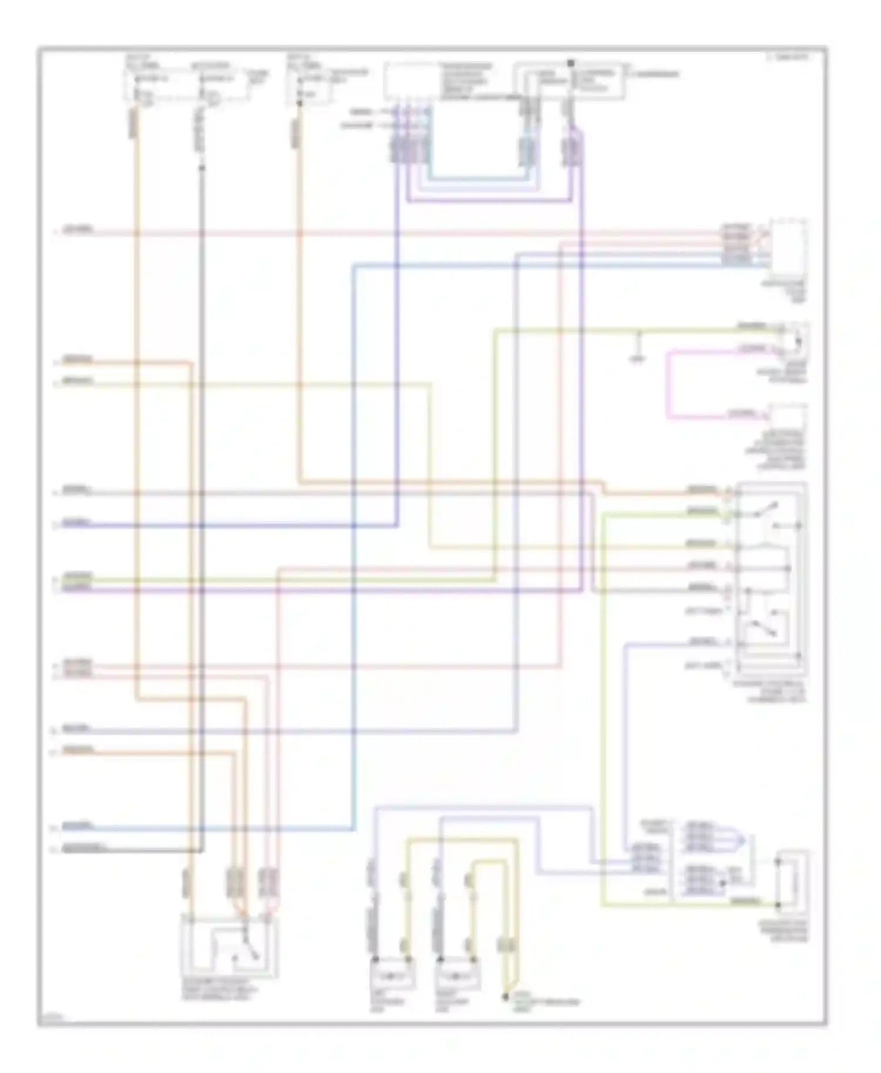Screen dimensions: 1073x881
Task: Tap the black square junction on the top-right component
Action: [x=570, y=62]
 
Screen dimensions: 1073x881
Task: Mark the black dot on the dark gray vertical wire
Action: [x=201, y=168]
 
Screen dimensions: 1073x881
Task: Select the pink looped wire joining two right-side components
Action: [x=668, y=384]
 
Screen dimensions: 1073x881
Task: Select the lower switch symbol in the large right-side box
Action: [x=766, y=627]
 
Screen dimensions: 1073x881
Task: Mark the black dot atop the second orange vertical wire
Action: [x=299, y=104]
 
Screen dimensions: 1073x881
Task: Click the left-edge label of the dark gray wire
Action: [x=82, y=848]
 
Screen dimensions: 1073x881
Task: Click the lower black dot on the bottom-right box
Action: [x=777, y=905]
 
